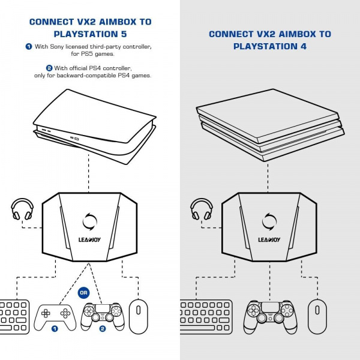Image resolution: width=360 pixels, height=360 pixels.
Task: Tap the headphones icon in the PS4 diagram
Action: (201, 211)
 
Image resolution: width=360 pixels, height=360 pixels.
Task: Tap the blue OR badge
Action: (83, 293)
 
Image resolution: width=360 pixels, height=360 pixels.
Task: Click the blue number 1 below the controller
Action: (55, 329)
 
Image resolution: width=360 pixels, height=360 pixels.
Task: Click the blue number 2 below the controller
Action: (102, 329)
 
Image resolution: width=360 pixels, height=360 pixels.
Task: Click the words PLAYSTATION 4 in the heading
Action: (269, 46)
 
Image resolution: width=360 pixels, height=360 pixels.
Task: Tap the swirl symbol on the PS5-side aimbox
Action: (89, 220)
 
